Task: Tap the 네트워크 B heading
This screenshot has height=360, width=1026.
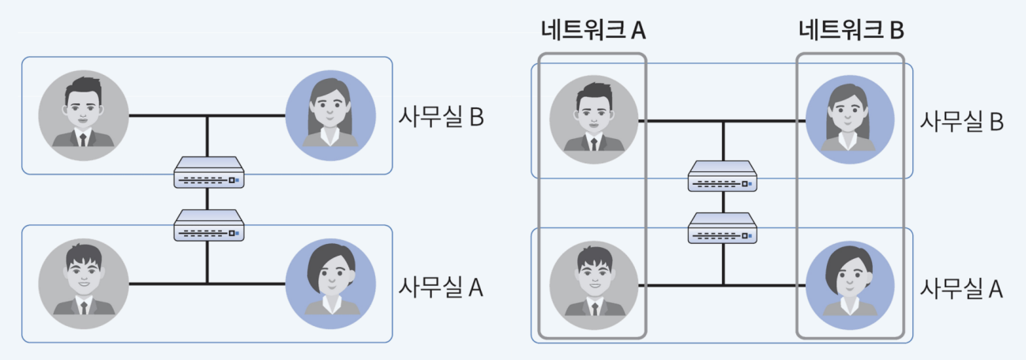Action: point(851,31)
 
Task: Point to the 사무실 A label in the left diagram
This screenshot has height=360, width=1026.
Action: point(441,287)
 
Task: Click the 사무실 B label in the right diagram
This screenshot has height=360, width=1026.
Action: point(960,122)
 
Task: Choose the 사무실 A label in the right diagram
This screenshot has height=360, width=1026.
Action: point(960,288)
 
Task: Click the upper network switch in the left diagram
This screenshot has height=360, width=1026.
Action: point(209,173)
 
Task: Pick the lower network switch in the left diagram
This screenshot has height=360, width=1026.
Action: point(209,225)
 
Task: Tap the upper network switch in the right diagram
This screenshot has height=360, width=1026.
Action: point(723,176)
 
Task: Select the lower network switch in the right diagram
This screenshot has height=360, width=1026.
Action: point(723,227)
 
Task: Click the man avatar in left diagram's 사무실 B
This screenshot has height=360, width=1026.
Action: point(83,115)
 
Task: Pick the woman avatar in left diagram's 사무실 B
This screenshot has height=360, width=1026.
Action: point(330,115)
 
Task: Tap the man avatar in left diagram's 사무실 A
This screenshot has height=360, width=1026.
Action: point(83,283)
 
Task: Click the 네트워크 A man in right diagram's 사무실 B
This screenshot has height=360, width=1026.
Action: point(595,118)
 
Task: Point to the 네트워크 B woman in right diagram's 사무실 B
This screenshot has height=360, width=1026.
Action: point(850,118)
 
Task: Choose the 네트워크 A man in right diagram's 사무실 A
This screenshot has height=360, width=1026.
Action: point(595,285)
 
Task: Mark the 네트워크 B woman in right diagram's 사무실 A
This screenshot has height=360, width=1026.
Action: point(850,285)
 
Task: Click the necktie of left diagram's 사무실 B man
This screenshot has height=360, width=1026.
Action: point(83,141)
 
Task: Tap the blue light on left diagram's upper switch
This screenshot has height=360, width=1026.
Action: point(238,181)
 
